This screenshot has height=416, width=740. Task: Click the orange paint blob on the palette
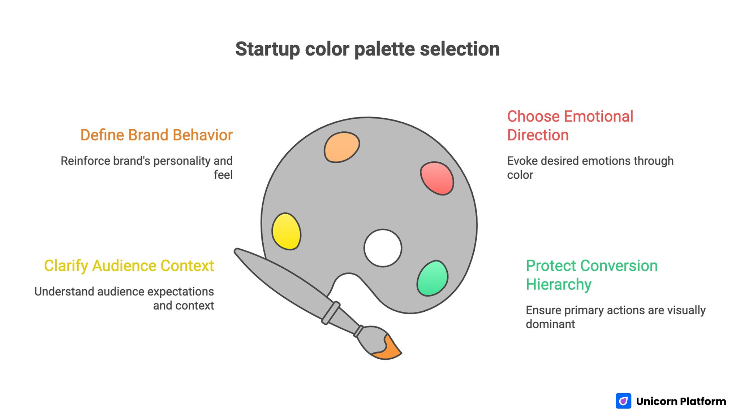(x=341, y=147)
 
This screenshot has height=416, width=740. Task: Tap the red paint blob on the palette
(x=437, y=179)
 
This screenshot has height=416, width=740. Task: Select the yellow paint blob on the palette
(x=286, y=231)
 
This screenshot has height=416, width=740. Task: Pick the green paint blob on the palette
(x=433, y=278)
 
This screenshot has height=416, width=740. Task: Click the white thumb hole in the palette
(x=383, y=248)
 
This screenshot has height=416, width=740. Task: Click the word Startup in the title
(x=267, y=49)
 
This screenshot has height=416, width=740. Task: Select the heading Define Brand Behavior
(x=156, y=135)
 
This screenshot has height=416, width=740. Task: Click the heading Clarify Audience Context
(x=129, y=266)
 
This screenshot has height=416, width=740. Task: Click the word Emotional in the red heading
(x=598, y=117)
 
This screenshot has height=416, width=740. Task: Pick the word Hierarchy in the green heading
(x=558, y=284)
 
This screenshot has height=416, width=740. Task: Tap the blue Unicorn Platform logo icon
(x=623, y=401)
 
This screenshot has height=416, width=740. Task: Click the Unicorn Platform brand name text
(x=681, y=401)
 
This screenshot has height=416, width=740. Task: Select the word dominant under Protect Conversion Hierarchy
(x=550, y=324)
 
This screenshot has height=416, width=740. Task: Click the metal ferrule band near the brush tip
(x=358, y=331)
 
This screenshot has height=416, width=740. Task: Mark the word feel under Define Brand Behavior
(x=223, y=175)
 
